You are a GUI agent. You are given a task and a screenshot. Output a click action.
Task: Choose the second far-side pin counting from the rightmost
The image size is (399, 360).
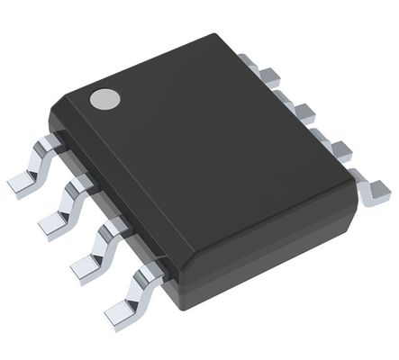(x=340, y=150)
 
